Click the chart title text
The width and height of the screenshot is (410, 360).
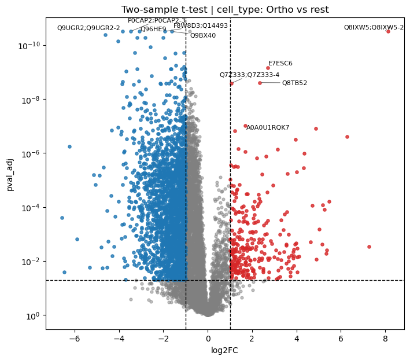pyautogui.click(x=225, y=10)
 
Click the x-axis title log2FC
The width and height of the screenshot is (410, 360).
pyautogui.click(x=225, y=350)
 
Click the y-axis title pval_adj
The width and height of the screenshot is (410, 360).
pyautogui.click(x=10, y=174)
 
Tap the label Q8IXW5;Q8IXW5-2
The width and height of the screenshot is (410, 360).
pyautogui.click(x=374, y=27)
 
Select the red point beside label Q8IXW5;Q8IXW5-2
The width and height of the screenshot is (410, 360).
pyautogui.click(x=388, y=31)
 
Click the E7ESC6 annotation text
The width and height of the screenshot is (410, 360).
pyautogui.click(x=280, y=63)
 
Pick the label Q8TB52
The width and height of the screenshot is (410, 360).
pyautogui.click(x=294, y=83)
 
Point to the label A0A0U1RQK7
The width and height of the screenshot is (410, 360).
pyautogui.click(x=268, y=127)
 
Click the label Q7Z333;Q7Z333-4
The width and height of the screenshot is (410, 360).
pyautogui.click(x=249, y=75)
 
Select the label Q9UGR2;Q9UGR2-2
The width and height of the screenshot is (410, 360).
pyautogui.click(x=88, y=28)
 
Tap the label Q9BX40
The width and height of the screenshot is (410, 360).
pyautogui.click(x=203, y=35)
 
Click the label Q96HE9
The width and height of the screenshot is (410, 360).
pyautogui.click(x=153, y=29)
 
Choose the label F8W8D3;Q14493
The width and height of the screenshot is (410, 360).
pyautogui.click(x=201, y=25)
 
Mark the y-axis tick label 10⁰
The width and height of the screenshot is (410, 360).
pyautogui.click(x=34, y=315)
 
